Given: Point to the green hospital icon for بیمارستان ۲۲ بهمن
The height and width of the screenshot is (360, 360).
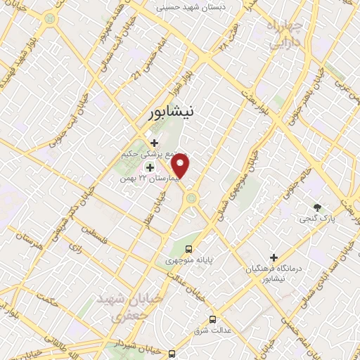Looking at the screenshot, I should pyautogui.click(x=149, y=167).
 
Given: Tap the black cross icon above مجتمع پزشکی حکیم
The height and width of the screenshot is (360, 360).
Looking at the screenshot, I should pyautogui.click(x=154, y=143).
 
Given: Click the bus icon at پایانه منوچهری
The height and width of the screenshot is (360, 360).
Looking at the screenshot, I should pyautogui.click(x=188, y=248).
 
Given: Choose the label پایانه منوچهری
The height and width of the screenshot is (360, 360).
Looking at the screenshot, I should pyautogui.click(x=188, y=260).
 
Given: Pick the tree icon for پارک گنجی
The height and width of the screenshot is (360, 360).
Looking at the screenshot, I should pyautogui.click(x=317, y=207).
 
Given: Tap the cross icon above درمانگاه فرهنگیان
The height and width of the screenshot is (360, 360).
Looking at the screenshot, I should pyautogui.click(x=274, y=258).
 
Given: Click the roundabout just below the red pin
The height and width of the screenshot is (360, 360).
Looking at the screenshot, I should pyautogui.click(x=189, y=200).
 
